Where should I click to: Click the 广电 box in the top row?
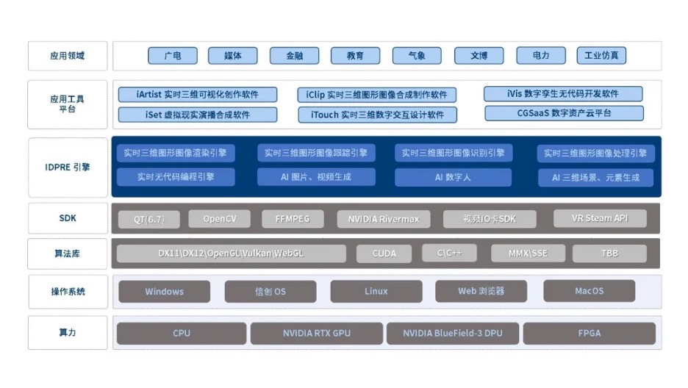coord(173,56)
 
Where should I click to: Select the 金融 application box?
coord(294,56)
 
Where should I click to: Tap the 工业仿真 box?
coord(601,56)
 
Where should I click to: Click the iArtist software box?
coord(197,95)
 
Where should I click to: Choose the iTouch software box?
coord(378,115)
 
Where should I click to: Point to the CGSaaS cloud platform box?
coord(564,113)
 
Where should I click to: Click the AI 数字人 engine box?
coord(453,177)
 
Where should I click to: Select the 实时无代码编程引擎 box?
coord(176,177)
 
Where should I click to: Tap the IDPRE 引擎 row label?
coord(68,167)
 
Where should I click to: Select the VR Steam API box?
coord(600,218)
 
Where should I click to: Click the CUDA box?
coord(384,254)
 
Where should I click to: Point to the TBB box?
coord(609,254)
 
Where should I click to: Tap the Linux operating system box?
coord(376,292)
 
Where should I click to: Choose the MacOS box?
coord(589,291)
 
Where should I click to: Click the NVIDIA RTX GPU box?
coord(316,334)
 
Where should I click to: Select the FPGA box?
coord(589,334)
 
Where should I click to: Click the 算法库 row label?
coord(68,254)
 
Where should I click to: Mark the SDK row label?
coord(68,218)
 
